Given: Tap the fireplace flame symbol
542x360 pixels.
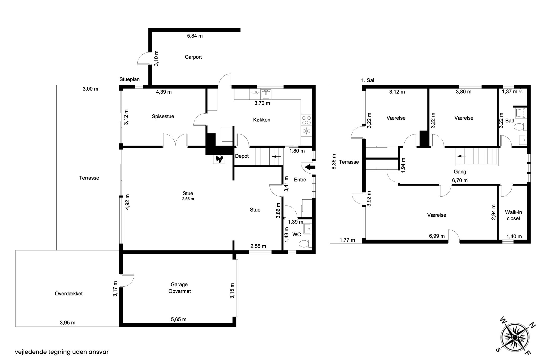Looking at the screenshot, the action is click(x=219, y=159).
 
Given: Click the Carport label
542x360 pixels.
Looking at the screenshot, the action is click(x=193, y=57).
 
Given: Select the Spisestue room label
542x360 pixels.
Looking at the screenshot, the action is click(x=163, y=116).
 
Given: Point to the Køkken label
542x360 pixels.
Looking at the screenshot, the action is click(x=262, y=120).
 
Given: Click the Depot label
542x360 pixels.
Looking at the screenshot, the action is click(x=242, y=156).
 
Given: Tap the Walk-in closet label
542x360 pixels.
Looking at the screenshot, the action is click(x=513, y=215).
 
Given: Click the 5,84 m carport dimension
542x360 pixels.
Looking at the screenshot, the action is click(x=195, y=36).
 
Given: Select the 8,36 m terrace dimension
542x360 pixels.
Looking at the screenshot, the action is click(x=334, y=162).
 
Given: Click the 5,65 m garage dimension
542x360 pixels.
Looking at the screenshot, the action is click(x=179, y=319).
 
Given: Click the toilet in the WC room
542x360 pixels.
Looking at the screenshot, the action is click(x=305, y=244).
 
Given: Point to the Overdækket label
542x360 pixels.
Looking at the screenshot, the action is click(x=69, y=294).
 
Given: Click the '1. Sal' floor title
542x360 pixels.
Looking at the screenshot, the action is click(x=368, y=80).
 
